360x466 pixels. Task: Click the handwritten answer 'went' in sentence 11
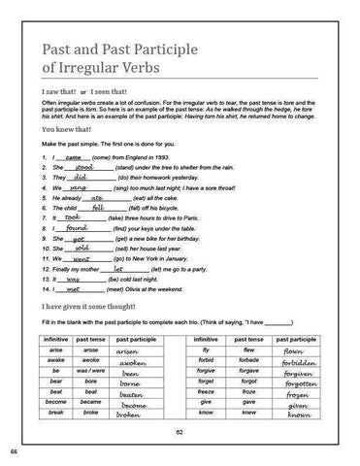coord(82,260)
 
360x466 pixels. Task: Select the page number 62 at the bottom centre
coord(180,433)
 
